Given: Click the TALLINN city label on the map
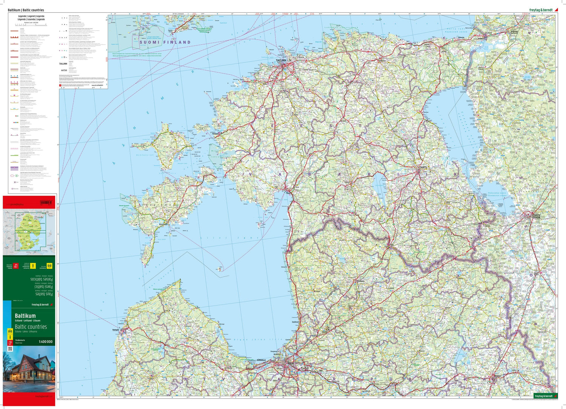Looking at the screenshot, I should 281,60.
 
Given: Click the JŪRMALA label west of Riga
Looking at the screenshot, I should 261,360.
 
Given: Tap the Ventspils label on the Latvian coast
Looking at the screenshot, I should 116,330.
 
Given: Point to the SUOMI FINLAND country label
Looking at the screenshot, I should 165,42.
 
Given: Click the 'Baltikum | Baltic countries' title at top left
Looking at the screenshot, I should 26,10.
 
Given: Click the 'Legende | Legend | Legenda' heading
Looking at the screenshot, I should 31,17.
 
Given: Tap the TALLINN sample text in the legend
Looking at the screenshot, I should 63,64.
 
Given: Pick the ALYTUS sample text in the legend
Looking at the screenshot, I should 64,70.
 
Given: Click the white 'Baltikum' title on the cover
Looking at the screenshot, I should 25,316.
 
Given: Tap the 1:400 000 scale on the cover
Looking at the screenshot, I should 46,342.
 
